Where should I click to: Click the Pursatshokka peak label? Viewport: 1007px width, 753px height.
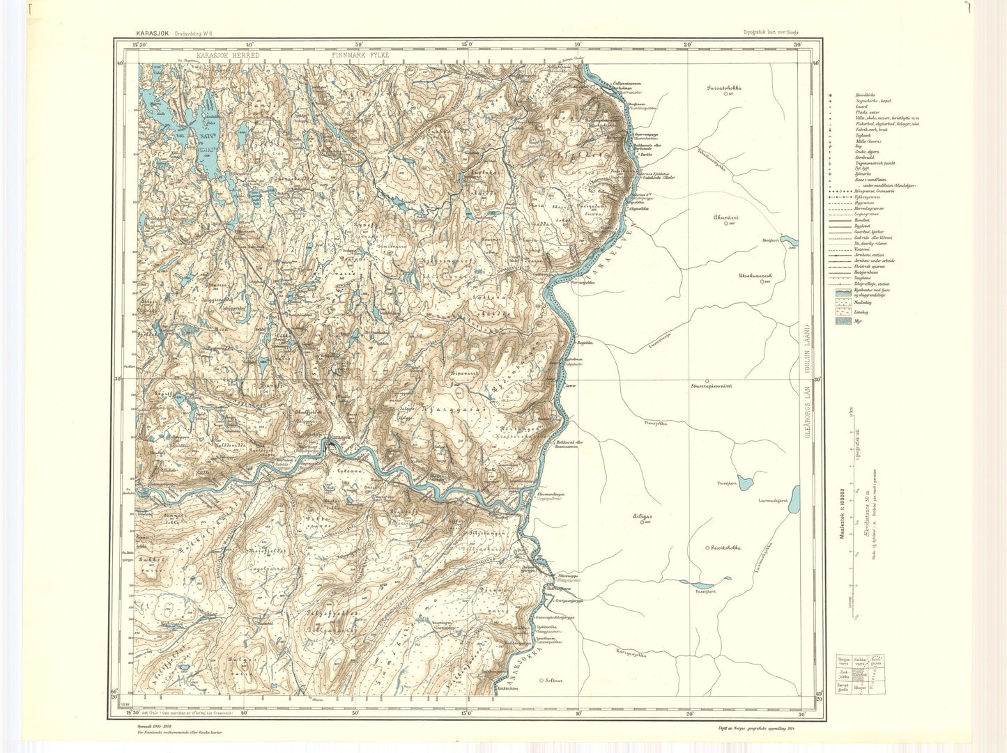(x=723, y=88)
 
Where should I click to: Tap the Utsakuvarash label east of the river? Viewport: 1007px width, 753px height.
(x=756, y=276)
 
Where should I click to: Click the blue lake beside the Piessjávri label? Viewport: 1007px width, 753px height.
(x=745, y=481)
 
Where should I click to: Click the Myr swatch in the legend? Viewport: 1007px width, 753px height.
(x=840, y=322)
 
